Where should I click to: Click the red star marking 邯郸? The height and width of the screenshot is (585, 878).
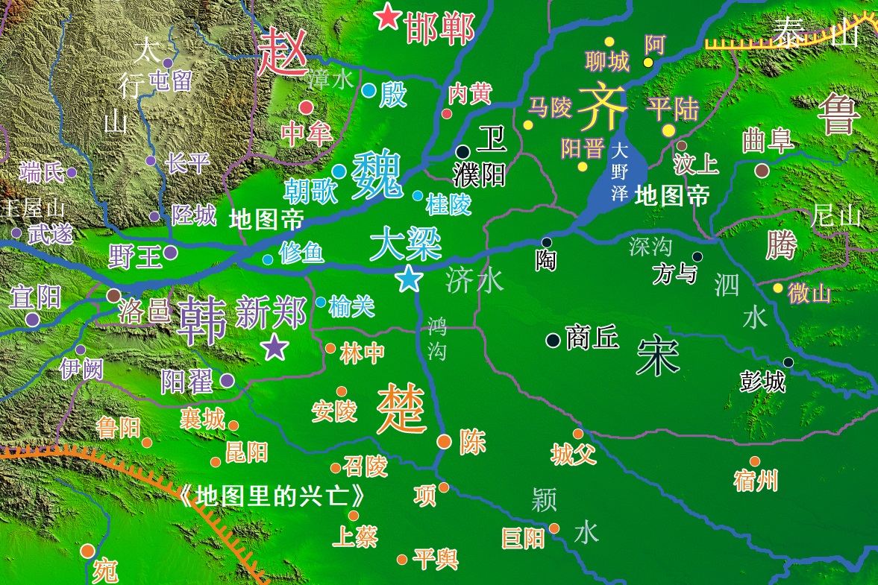pyautogui.click(x=387, y=16)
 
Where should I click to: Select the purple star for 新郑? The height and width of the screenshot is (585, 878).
pyautogui.click(x=275, y=347)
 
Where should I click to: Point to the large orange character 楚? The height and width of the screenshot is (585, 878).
pyautogui.click(x=401, y=410)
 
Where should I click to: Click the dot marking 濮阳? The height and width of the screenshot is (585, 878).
pyautogui.click(x=462, y=151)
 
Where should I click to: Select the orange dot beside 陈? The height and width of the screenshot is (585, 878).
pyautogui.click(x=444, y=441)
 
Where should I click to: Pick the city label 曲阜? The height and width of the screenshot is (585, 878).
pyautogui.click(x=768, y=142)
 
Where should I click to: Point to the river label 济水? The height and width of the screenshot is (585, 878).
pyautogui.click(x=475, y=281)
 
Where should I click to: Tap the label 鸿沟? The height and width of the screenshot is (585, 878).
pyautogui.click(x=437, y=338)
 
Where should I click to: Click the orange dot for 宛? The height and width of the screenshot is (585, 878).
pyautogui.click(x=88, y=551)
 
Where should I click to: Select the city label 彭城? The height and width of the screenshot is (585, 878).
pyautogui.click(x=762, y=382)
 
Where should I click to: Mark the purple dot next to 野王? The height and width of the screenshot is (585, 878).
pyautogui.click(x=171, y=253)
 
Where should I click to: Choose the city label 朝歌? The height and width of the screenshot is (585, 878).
pyautogui.click(x=311, y=192)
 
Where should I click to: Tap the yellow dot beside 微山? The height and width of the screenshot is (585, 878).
pyautogui.click(x=778, y=288)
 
